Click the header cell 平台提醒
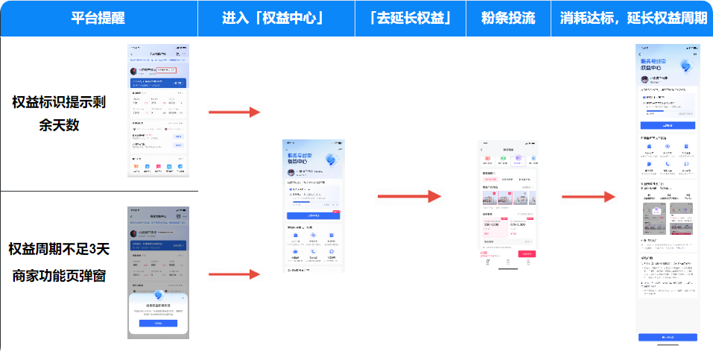[x=98, y=19]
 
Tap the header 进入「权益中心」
[x=276, y=19]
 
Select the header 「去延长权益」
[x=411, y=19]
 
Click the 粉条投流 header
[x=509, y=19]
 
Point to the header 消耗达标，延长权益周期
[x=633, y=19]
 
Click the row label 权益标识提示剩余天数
[x=59, y=113]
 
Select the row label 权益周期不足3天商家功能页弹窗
[x=59, y=262]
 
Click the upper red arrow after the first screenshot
[x=234, y=112]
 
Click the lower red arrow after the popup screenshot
[x=234, y=274]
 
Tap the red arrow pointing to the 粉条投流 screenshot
[x=411, y=196]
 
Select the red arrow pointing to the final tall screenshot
[x=588, y=196]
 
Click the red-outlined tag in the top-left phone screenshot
[x=166, y=71]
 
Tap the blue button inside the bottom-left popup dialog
[x=158, y=323]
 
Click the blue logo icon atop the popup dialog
[x=158, y=296]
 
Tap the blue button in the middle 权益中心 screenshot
[x=313, y=215]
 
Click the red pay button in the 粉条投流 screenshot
[x=526, y=254]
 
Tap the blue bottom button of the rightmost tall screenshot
[x=667, y=337]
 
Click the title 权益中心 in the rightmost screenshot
[x=653, y=67]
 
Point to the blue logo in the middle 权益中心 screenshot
[x=331, y=159]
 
